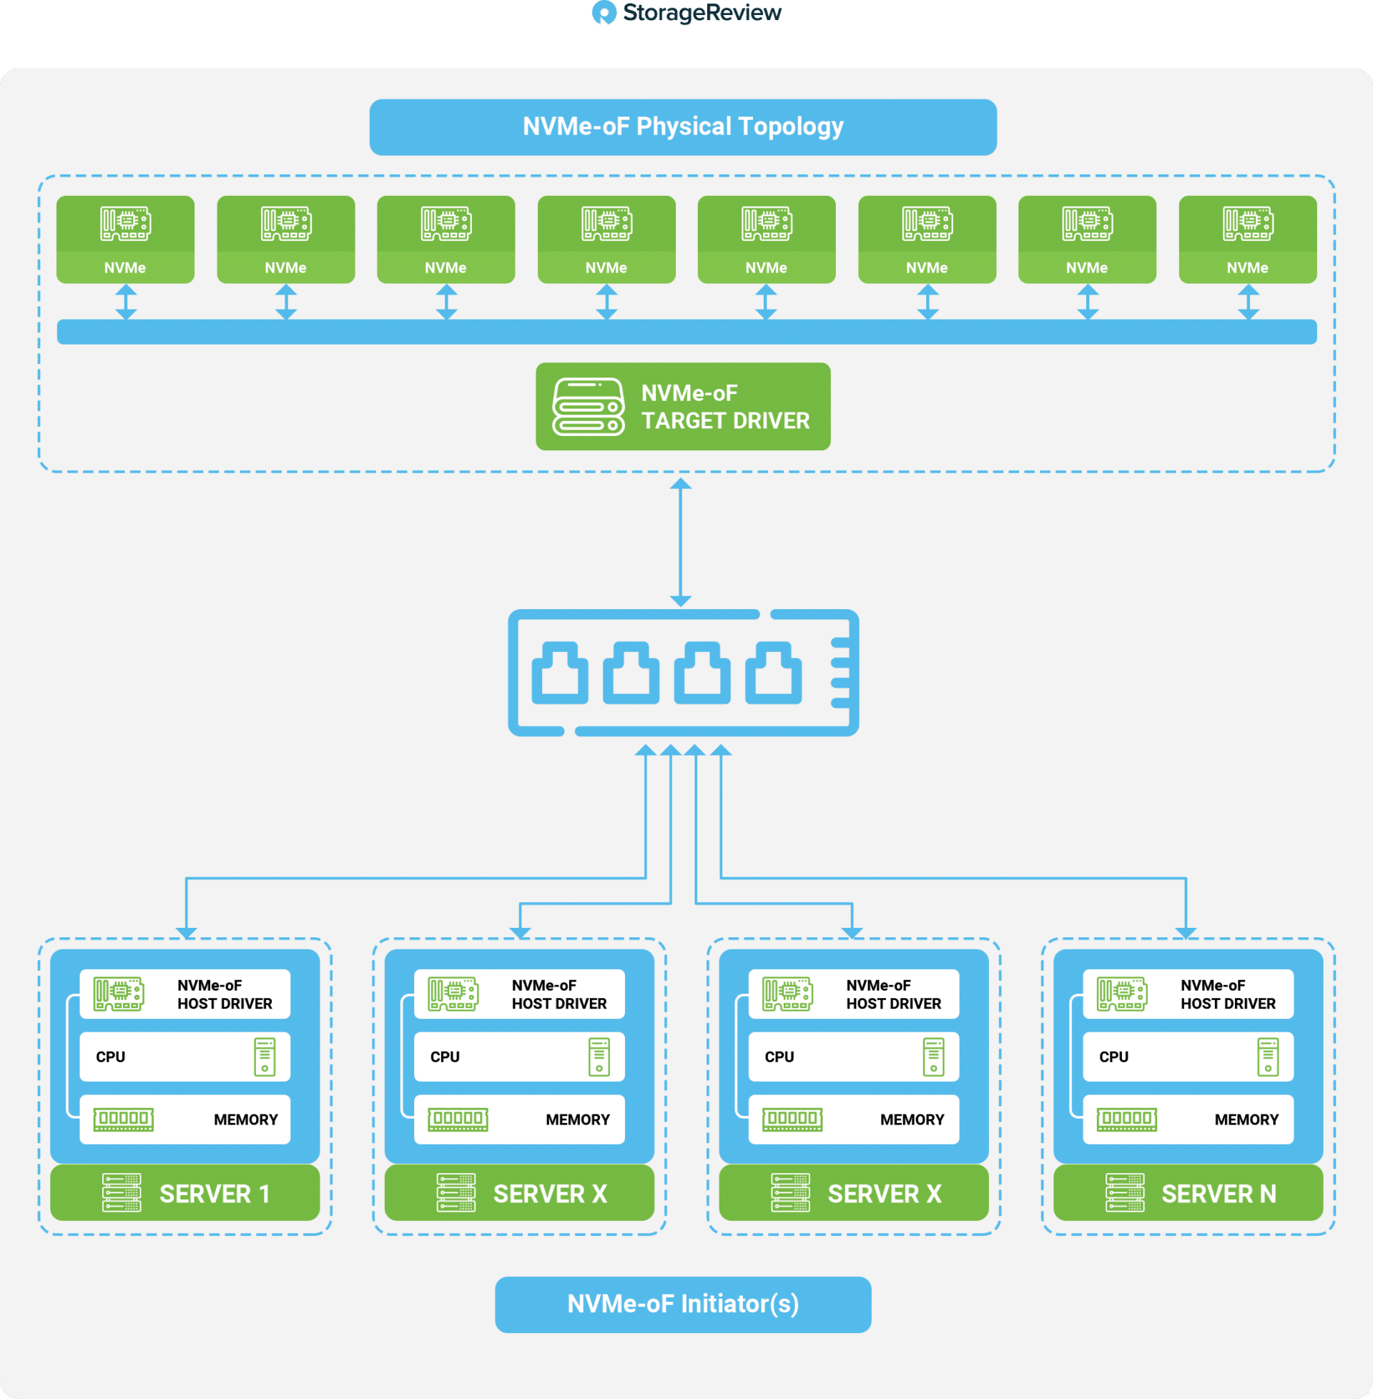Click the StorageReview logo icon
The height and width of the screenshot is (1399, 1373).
[604, 12]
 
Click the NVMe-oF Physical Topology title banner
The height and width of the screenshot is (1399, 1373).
[683, 127]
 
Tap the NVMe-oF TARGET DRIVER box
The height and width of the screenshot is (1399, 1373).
[683, 407]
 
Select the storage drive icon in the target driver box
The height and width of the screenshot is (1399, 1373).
[588, 407]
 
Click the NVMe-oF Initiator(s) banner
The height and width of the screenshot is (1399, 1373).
[683, 1304]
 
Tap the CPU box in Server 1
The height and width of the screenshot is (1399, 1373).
[184, 1057]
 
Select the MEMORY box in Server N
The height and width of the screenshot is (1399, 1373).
[1188, 1119]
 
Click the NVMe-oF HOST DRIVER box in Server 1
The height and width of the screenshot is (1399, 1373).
[184, 994]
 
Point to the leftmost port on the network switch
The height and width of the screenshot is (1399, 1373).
[560, 673]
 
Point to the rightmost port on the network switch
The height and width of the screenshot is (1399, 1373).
[773, 673]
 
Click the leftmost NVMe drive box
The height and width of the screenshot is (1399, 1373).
[125, 239]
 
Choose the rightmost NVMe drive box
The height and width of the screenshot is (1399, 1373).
[1248, 239]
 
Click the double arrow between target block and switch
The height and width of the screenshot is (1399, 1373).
[681, 542]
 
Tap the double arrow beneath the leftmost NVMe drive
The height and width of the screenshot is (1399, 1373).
[126, 301]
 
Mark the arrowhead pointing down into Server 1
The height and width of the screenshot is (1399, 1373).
[186, 933]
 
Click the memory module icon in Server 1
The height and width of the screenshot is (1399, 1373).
[123, 1119]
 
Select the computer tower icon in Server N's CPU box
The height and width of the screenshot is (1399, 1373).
[1268, 1057]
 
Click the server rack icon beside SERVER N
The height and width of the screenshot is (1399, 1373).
[1124, 1193]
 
